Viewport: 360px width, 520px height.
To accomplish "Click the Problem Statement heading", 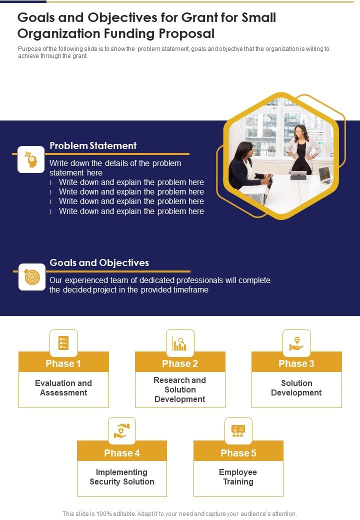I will point(93,146).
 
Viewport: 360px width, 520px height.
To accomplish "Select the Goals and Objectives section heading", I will point(99,263).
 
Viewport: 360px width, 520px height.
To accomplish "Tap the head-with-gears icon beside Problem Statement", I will point(31,159).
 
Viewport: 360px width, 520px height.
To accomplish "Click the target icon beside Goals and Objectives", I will point(31,276).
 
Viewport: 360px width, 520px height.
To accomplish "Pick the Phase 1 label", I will point(63,363).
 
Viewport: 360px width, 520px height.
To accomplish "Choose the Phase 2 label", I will point(180,363).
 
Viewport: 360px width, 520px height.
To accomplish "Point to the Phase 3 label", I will point(296,363).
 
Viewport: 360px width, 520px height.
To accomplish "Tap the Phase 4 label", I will point(122,453).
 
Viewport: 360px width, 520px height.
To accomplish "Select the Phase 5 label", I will point(238,453).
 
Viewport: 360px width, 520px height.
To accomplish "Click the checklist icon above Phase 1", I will point(63,343).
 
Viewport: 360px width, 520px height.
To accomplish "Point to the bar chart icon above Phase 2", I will point(180,343).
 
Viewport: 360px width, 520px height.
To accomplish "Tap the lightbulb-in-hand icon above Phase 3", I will point(296,343).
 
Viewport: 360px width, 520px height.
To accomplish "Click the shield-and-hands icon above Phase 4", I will point(122,431).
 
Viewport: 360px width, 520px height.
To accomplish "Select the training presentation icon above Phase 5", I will point(238,431).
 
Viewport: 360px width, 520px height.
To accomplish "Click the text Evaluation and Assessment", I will point(63,388).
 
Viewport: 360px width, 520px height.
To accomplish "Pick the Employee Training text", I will point(238,477).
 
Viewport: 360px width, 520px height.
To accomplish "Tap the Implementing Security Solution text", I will point(122,477).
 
